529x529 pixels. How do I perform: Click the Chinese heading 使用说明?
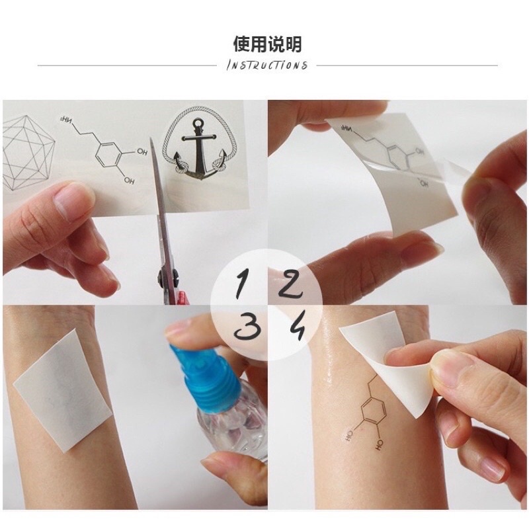pyautogui.click(x=268, y=44)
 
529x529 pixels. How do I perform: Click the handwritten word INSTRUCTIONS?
pyautogui.click(x=267, y=65)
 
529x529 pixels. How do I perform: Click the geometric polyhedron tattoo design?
pyautogui.click(x=28, y=153)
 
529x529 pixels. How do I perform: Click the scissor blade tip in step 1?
pyautogui.click(x=151, y=138)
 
